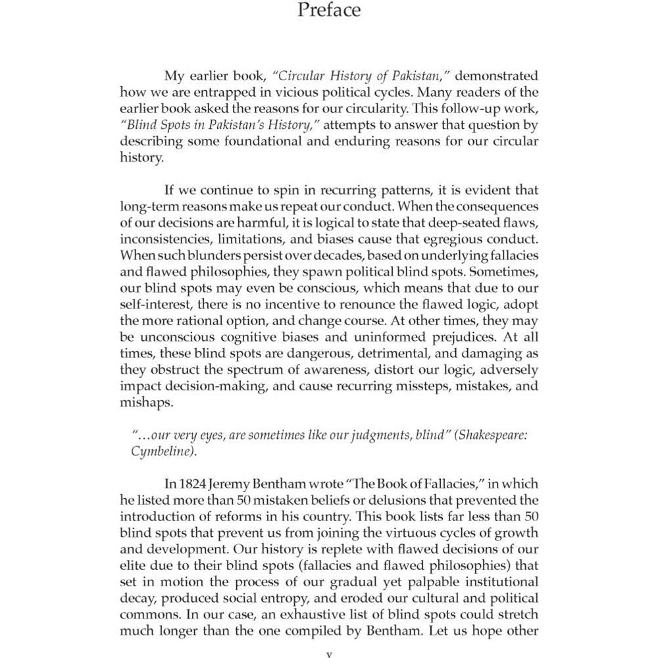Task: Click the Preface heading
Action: pos(329,11)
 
